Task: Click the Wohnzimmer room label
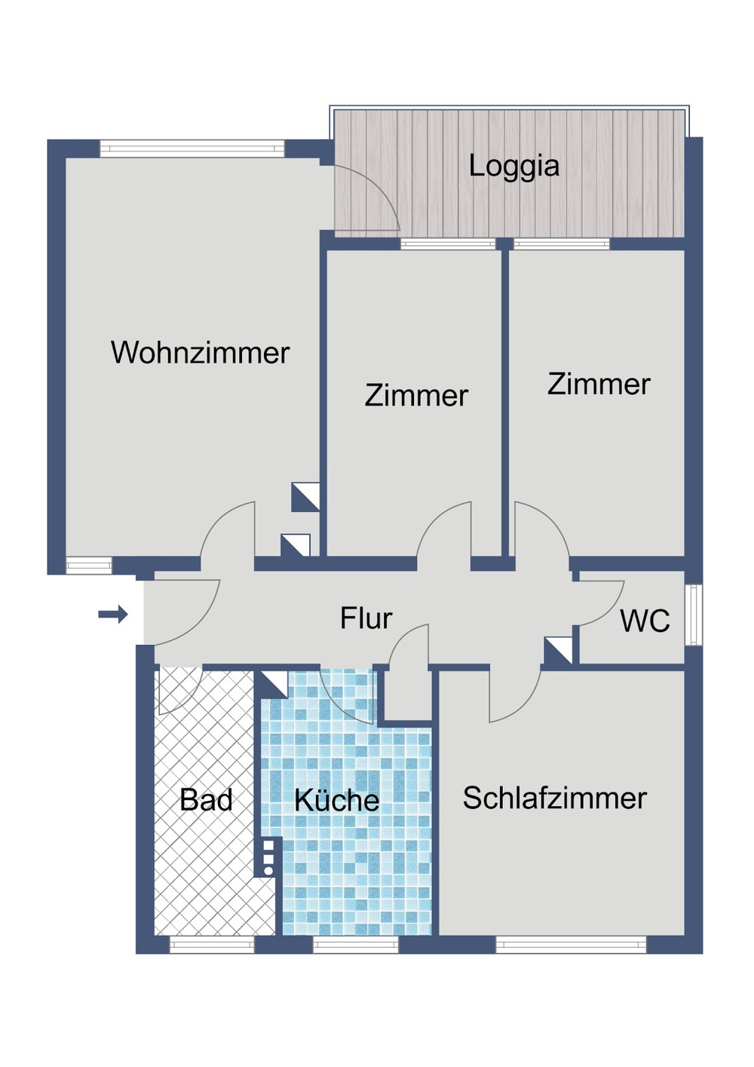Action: coord(200,352)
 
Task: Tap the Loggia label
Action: coord(514,166)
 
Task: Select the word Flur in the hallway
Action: coord(366,618)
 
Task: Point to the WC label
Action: coord(645,621)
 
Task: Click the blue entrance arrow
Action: coord(113,614)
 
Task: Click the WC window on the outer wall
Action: coord(694,614)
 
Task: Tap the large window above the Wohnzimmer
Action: coord(192,148)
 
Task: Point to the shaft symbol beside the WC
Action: coord(558,651)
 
